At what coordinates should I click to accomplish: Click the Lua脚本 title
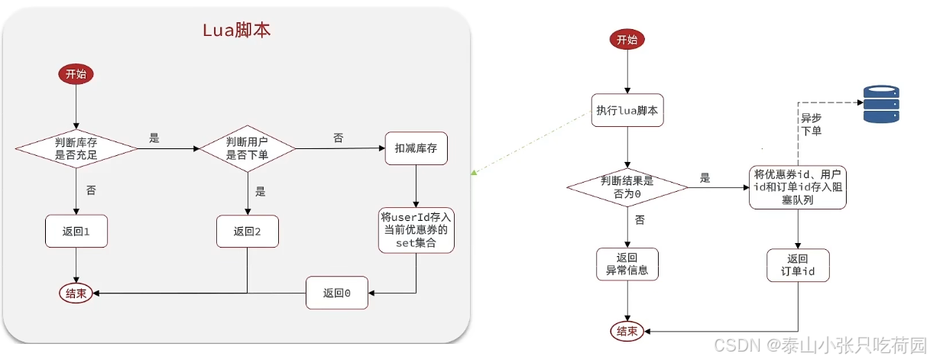[x=236, y=31]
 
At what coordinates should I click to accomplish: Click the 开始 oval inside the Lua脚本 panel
[x=76, y=74]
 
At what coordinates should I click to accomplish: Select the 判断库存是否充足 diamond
[x=76, y=148]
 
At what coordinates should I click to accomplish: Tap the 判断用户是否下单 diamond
[x=247, y=148]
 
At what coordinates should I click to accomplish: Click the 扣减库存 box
[x=415, y=148]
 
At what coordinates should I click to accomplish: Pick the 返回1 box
[x=76, y=231]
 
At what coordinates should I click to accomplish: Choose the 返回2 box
[x=247, y=231]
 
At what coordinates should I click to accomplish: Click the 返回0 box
[x=336, y=293]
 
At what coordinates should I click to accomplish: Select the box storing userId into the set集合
[x=415, y=229]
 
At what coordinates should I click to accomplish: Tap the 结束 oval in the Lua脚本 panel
[x=76, y=293]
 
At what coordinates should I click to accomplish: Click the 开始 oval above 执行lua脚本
[x=626, y=41]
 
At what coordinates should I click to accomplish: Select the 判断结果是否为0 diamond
[x=627, y=186]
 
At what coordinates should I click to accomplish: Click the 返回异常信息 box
[x=627, y=264]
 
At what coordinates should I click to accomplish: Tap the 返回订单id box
[x=797, y=264]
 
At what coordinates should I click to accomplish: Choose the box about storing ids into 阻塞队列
[x=797, y=187]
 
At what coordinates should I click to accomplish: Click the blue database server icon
[x=881, y=105]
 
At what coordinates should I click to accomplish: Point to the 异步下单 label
[x=811, y=125]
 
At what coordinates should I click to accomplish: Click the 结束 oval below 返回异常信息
[x=627, y=331]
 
